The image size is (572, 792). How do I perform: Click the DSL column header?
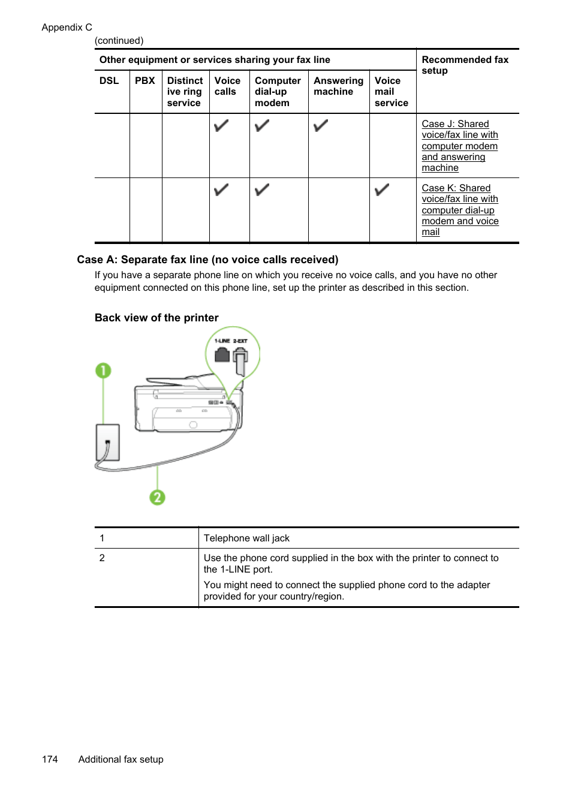[109, 81]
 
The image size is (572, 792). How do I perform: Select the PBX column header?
[144, 81]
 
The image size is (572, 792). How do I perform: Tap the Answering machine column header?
[338, 86]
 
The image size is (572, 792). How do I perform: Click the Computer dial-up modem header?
[278, 92]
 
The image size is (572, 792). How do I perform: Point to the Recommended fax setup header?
[465, 65]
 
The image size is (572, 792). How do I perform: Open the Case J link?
[459, 146]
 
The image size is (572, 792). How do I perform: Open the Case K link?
[459, 210]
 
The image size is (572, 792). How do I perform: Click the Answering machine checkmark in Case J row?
[321, 126]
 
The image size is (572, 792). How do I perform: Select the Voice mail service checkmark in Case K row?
[382, 190]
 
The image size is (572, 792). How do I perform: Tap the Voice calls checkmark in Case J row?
[221, 126]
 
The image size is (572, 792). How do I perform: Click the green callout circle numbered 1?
[103, 371]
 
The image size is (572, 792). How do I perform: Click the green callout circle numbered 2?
[157, 497]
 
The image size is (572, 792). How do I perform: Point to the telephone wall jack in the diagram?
[108, 442]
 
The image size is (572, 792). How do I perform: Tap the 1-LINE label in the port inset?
[222, 341]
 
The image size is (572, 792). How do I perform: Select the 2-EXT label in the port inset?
[240, 341]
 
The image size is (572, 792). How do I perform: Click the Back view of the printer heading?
[156, 318]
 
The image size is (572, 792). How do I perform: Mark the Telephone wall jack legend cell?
[246, 538]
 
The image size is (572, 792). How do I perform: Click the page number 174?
[50, 760]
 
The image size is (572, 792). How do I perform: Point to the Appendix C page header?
[67, 28]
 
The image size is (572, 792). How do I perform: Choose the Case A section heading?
[207, 260]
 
